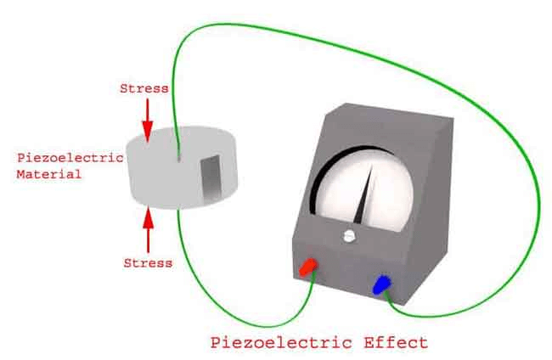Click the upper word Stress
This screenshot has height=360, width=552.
144,88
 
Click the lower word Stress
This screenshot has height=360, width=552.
148,263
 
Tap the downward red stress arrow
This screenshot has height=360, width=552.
148,121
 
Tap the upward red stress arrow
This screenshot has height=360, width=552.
149,230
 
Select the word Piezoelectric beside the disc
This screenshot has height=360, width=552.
70,157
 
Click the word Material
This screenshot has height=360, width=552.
49,174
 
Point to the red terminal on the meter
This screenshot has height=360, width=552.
308,267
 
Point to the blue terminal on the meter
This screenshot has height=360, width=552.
381,284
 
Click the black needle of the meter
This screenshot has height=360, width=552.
363,195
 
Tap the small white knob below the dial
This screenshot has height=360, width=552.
348,236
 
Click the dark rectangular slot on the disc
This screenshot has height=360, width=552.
211,179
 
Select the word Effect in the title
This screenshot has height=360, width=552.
396,342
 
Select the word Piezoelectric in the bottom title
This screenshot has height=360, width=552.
281,342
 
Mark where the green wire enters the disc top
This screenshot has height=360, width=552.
179,160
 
